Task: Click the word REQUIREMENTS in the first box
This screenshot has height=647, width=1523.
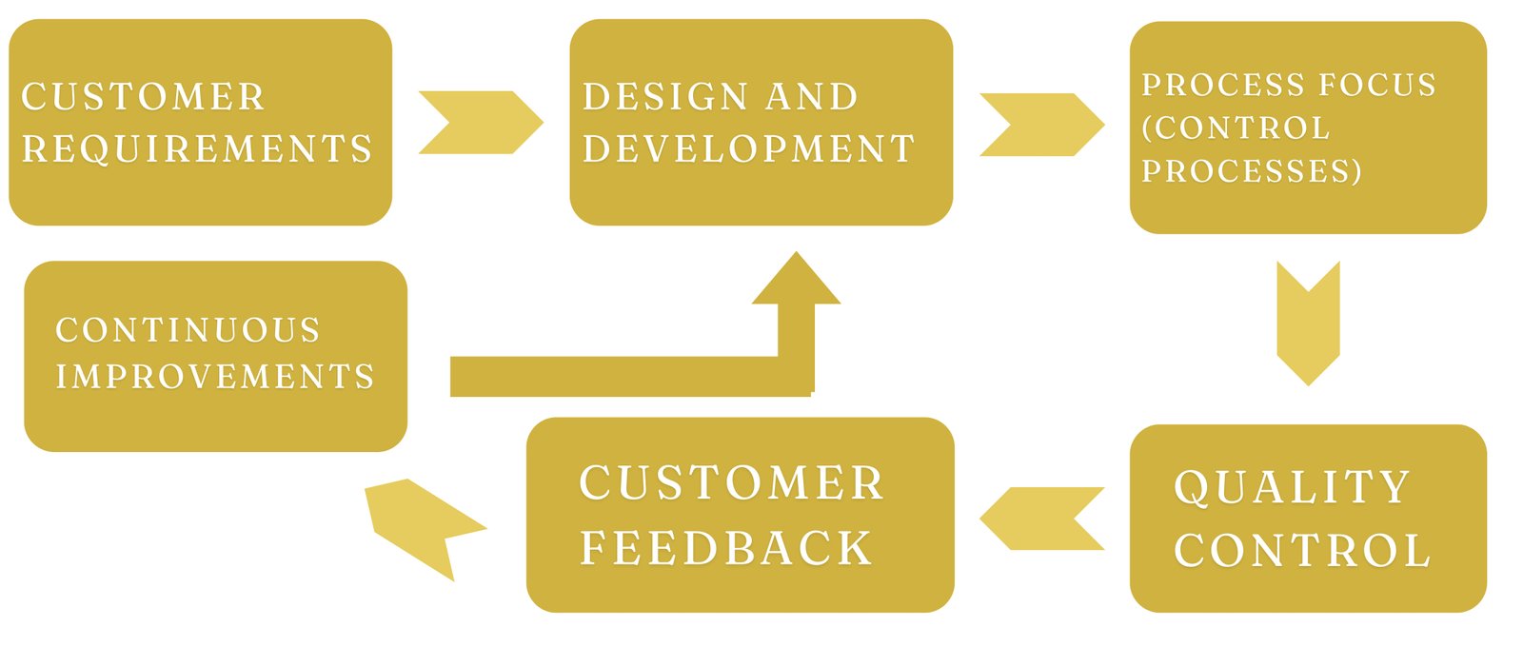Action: pyautogui.click(x=197, y=149)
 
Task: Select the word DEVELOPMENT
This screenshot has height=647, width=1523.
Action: pyautogui.click(x=748, y=149)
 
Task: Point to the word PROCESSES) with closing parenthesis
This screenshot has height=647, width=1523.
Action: pyautogui.click(x=1252, y=171)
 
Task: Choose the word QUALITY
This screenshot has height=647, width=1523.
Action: pyautogui.click(x=1292, y=487)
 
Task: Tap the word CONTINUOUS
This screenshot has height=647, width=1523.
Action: pyautogui.click(x=188, y=330)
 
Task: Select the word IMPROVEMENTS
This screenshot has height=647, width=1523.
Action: pyautogui.click(x=215, y=377)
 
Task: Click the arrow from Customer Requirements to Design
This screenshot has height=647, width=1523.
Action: pyautogui.click(x=481, y=123)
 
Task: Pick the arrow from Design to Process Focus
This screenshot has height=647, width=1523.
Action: pyautogui.click(x=1041, y=125)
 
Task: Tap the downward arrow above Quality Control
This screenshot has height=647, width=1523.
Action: pyautogui.click(x=1308, y=323)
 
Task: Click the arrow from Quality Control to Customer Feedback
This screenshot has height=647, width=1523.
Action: pyautogui.click(x=1042, y=519)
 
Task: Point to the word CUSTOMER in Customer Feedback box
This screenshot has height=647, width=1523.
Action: pyautogui.click(x=732, y=483)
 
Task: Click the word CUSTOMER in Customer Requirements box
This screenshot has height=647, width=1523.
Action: pyautogui.click(x=144, y=97)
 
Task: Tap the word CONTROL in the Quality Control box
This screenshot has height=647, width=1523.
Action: pyautogui.click(x=1302, y=551)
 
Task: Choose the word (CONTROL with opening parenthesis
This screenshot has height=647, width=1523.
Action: pyautogui.click(x=1236, y=128)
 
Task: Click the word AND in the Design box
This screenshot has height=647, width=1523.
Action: pyautogui.click(x=812, y=97)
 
